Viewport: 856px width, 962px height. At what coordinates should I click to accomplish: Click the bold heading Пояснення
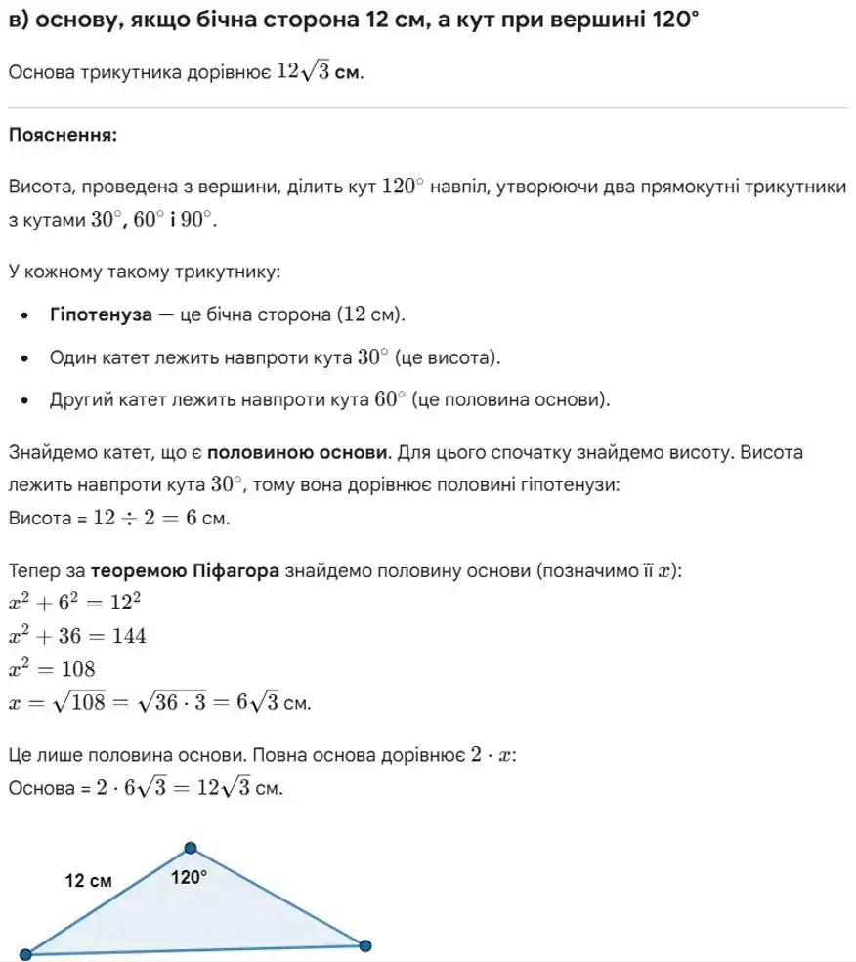tap(63, 135)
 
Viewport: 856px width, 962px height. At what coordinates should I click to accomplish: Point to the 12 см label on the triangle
tap(89, 881)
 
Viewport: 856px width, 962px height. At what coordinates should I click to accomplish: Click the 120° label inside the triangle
tap(190, 877)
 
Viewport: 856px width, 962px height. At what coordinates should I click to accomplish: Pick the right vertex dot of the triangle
tap(365, 945)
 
